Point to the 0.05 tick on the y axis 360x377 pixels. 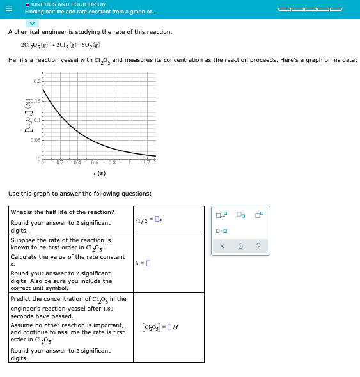click(x=36, y=139)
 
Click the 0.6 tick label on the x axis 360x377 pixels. click(x=95, y=163)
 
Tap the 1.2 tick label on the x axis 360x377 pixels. click(x=146, y=163)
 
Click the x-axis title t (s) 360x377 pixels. click(x=99, y=173)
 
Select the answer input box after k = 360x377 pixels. click(x=148, y=263)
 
